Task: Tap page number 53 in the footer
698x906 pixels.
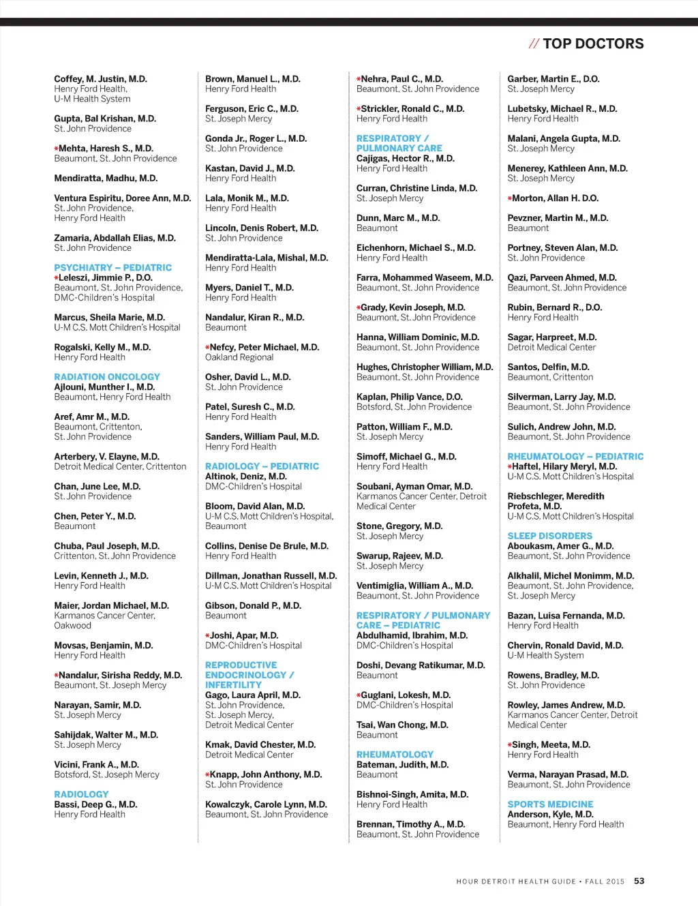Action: click(639, 881)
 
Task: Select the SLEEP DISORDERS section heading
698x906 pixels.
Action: click(549, 536)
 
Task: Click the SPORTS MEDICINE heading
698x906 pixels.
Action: click(550, 804)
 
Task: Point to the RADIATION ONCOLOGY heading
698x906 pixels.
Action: click(107, 377)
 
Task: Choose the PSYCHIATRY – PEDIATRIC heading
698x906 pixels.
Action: click(113, 268)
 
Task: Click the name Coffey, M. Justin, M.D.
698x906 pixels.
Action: click(100, 79)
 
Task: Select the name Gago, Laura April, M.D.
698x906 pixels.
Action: click(252, 695)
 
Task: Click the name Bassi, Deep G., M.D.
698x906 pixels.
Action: click(95, 804)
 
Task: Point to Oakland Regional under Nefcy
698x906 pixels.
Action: click(239, 357)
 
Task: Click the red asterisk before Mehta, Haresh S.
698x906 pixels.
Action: click(57, 149)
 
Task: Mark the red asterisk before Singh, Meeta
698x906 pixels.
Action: click(510, 745)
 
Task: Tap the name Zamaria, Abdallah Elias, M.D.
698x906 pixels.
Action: click(115, 238)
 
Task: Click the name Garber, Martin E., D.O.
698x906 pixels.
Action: click(553, 79)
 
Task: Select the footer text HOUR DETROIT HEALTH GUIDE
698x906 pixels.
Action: click(516, 881)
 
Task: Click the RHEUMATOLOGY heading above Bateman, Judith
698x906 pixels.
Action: click(395, 755)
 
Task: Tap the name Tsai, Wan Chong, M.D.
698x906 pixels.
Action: click(402, 725)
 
